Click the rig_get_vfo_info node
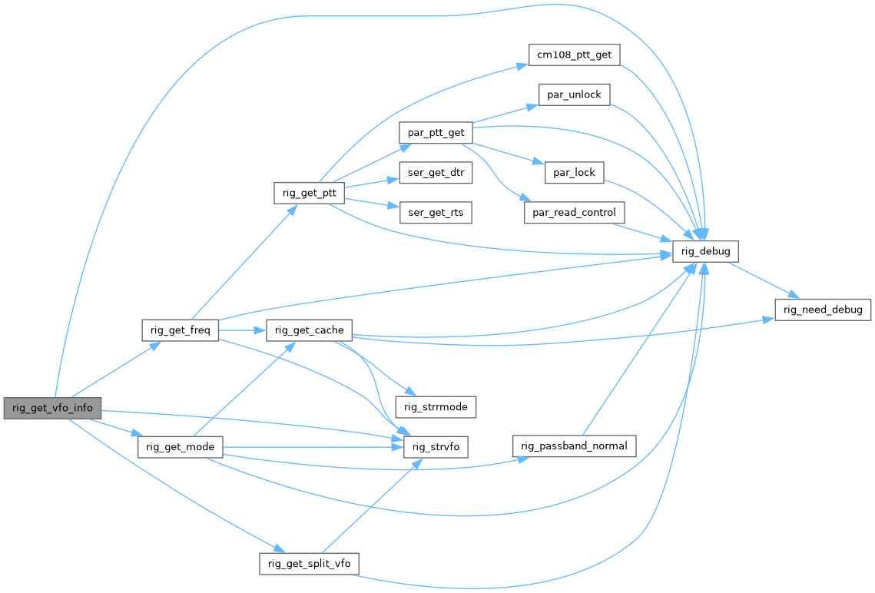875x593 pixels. (52, 408)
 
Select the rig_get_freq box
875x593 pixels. (181, 331)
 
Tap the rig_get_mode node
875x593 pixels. (181, 447)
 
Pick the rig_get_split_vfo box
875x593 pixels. (310, 563)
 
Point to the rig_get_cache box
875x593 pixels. (309, 331)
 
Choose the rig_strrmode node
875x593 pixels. (436, 406)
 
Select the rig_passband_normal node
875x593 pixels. (575, 446)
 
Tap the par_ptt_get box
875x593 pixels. (436, 132)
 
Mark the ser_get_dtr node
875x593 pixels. (435, 173)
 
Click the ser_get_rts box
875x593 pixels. (435, 213)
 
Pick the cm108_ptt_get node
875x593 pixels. (574, 55)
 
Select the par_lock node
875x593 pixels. (574, 172)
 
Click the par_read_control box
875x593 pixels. (574, 213)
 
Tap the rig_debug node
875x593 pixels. (705, 251)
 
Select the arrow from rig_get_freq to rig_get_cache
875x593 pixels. (242, 331)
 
